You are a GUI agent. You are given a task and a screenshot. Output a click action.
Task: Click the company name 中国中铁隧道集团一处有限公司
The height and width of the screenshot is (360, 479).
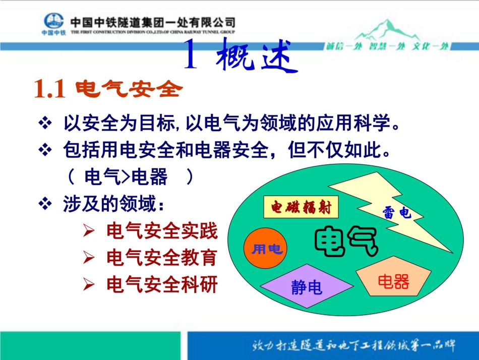(153, 23)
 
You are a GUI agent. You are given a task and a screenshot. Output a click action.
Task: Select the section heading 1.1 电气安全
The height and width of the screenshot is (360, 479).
(107, 90)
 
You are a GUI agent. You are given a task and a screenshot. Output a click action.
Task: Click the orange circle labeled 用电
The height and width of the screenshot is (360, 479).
(265, 249)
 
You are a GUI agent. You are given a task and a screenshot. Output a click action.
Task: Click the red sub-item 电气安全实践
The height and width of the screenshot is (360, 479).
(162, 231)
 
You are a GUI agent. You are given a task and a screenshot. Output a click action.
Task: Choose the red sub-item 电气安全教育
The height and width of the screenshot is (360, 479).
(162, 258)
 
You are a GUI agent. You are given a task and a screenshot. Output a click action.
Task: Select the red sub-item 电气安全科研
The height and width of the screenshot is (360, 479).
(162, 285)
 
